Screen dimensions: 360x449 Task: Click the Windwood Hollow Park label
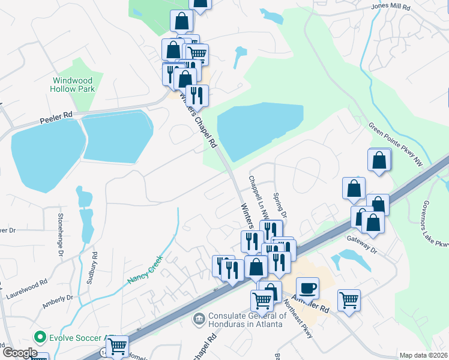click(74, 85)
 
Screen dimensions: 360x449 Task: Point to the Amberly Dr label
click(58, 301)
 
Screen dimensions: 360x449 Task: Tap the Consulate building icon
click(199, 317)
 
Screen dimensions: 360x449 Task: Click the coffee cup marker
click(307, 288)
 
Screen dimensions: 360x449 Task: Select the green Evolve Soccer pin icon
click(40, 337)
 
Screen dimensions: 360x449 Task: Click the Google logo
click(19, 353)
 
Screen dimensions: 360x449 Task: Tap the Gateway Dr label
click(361, 244)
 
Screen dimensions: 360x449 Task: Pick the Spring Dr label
click(279, 205)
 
